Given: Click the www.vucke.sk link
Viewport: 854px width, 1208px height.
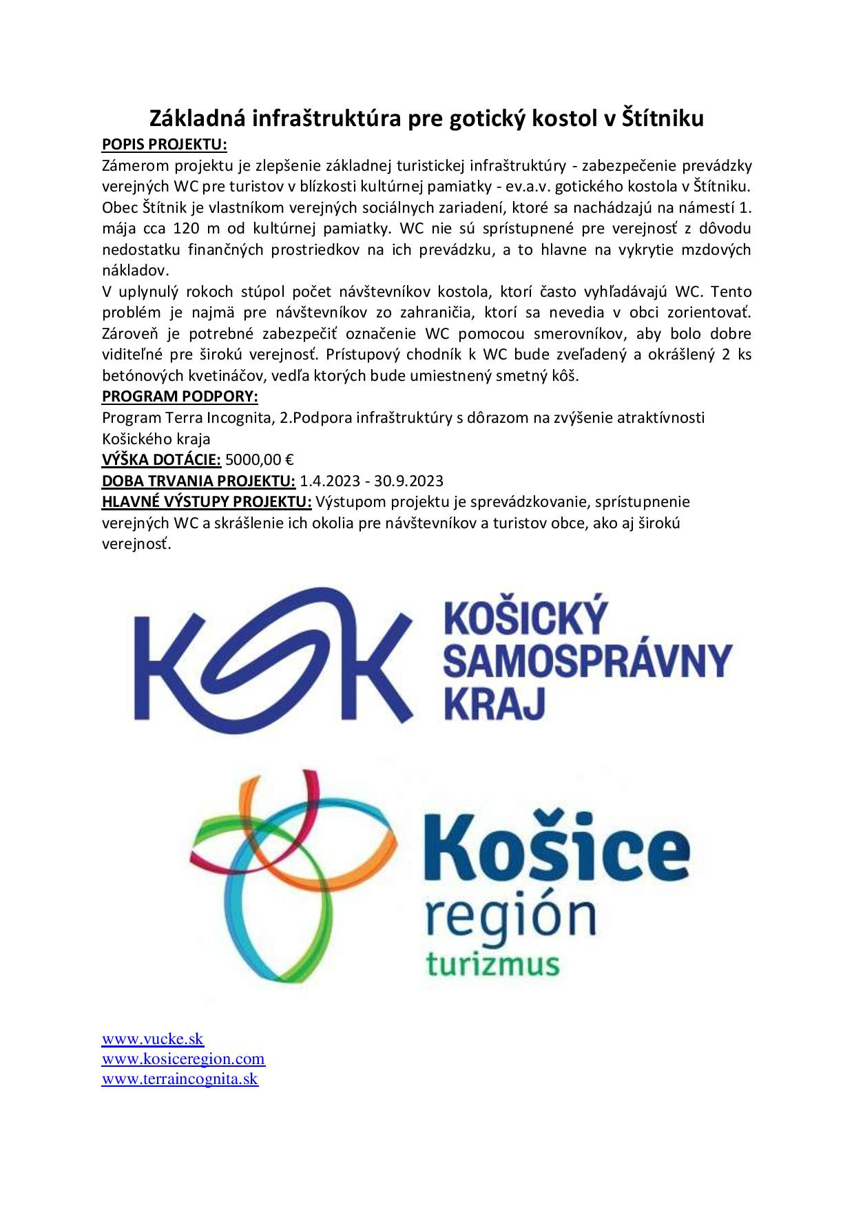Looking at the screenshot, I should tap(153, 1039).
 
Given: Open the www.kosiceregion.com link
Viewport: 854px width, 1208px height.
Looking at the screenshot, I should tap(183, 1059).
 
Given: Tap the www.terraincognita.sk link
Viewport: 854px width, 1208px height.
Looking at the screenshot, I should tap(180, 1079).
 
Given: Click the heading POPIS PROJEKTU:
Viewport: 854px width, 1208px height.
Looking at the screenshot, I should tap(164, 145).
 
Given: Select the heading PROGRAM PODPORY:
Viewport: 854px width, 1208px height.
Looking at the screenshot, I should tap(180, 397).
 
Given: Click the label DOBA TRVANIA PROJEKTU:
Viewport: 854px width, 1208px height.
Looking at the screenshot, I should tap(198, 480).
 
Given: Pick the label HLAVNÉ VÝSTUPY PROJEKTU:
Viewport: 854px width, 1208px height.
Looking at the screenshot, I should tap(207, 501).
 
